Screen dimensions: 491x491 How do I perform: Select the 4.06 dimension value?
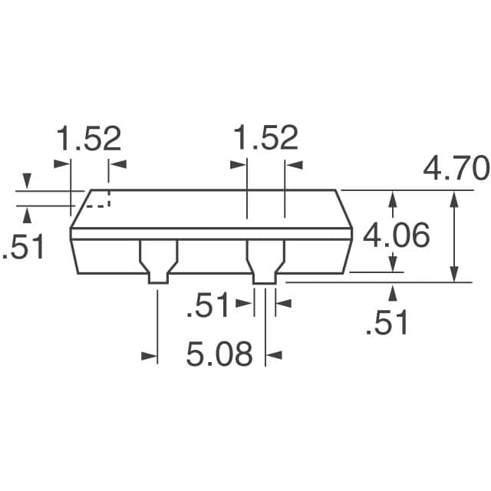pyautogui.click(x=396, y=236)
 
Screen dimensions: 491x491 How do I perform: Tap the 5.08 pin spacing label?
pyautogui.click(x=219, y=355)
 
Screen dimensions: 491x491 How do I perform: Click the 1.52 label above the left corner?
pyautogui.click(x=88, y=140)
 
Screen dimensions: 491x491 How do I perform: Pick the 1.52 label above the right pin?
pyautogui.click(x=265, y=140)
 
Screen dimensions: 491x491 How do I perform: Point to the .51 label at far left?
pyautogui.click(x=24, y=248)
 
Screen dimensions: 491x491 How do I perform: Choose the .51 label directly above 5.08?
pyautogui.click(x=209, y=305)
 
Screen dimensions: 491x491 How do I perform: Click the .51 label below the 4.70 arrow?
pyautogui.click(x=387, y=323)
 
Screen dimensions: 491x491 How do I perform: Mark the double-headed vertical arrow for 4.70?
pyautogui.click(x=455, y=236)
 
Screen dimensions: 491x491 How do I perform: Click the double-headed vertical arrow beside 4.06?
pyautogui.click(x=394, y=231)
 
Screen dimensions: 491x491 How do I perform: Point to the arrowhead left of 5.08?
pyautogui.click(x=150, y=355)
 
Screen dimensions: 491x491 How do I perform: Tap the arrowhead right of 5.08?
pyautogui.click(x=274, y=355)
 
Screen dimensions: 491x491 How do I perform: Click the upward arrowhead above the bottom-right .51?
pyautogui.click(x=394, y=292)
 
